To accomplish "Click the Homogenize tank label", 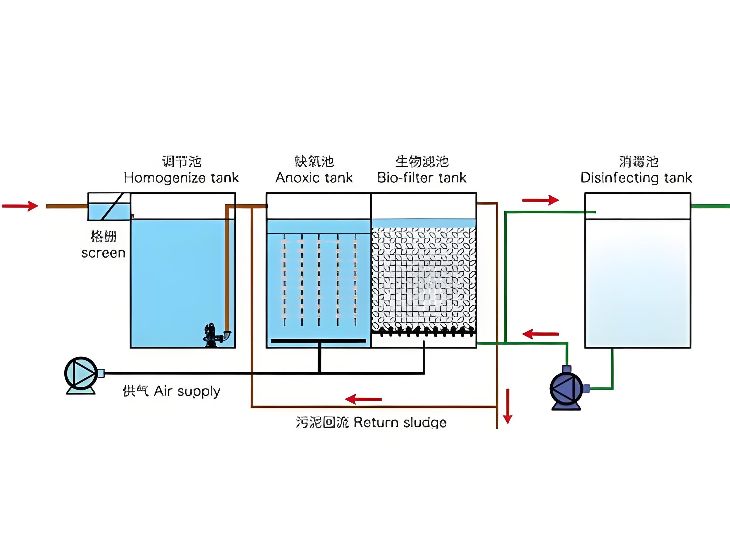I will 181,178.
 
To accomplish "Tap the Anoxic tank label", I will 314,178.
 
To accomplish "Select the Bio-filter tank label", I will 422,178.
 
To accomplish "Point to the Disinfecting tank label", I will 636,178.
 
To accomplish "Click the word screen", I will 103,253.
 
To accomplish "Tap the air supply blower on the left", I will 81,374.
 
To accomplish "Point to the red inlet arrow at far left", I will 20,206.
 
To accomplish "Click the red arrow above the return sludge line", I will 363,399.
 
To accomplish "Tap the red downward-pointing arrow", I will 508,406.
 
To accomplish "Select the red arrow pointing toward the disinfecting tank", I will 540,200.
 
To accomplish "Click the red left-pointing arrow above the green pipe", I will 541,334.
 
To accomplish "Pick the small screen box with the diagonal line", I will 109,206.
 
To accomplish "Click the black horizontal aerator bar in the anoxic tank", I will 318,341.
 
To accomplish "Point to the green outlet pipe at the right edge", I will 710,206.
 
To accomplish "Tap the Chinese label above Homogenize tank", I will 181,162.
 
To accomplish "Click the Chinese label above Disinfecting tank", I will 638,162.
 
